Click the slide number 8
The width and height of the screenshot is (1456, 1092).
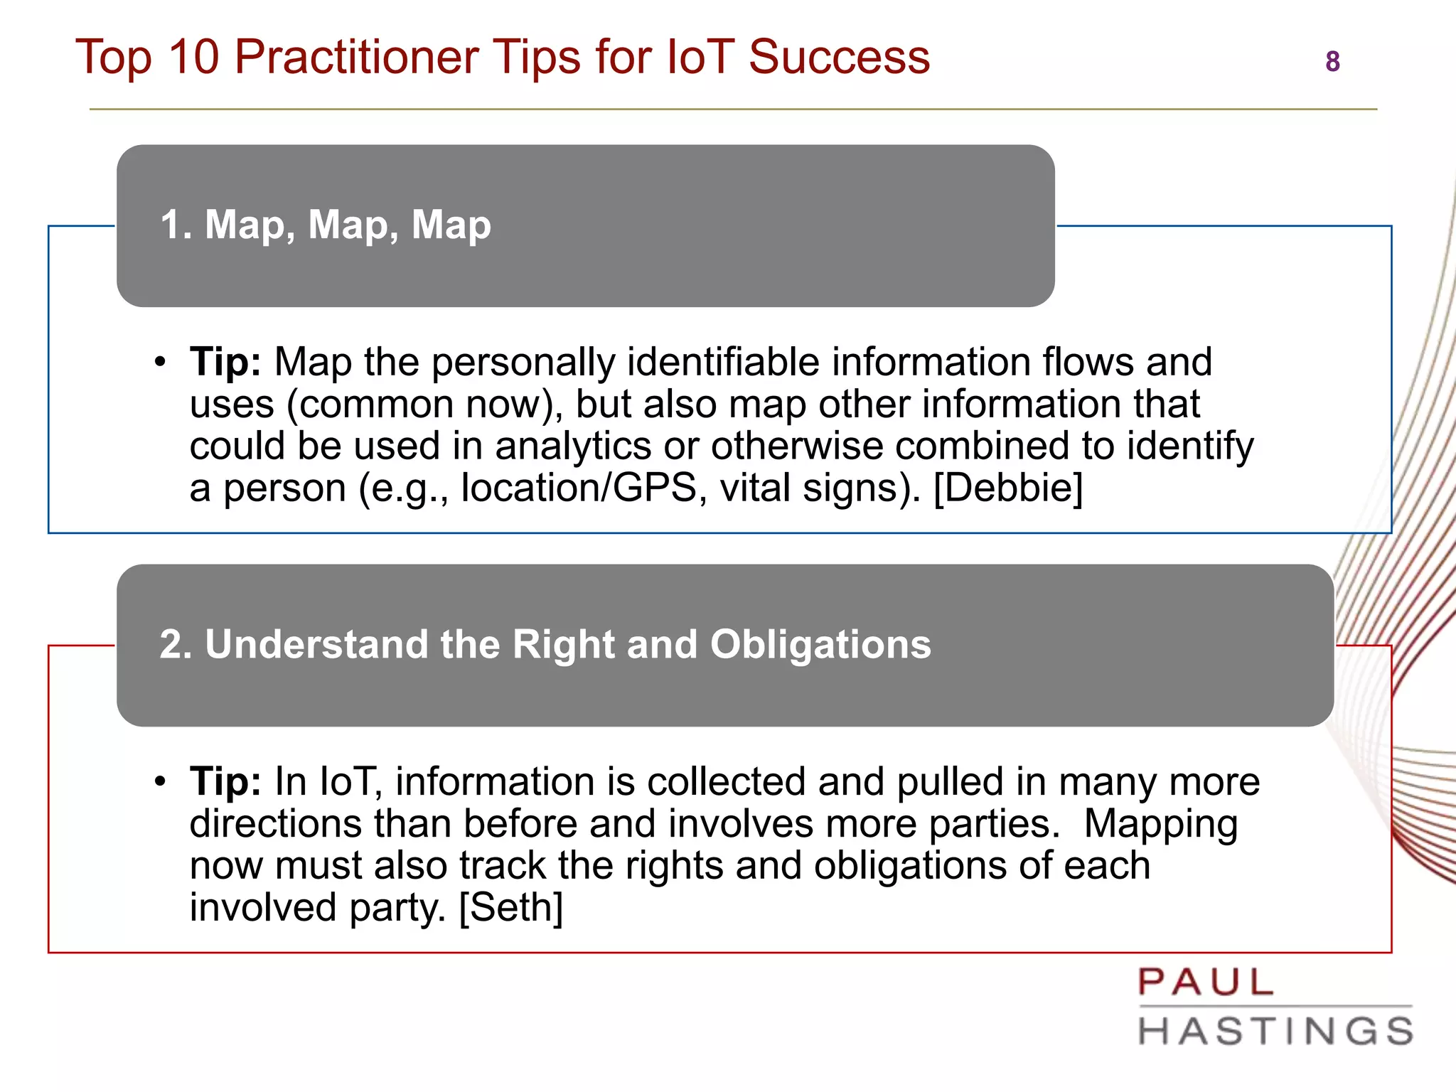pyautogui.click(x=1332, y=62)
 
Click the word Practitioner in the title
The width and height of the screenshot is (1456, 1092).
pyautogui.click(x=356, y=57)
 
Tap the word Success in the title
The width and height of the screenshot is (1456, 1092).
pyautogui.click(x=839, y=57)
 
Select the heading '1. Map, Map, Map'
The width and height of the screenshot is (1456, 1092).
pyautogui.click(x=326, y=225)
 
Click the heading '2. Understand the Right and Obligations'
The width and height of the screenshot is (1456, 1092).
pyautogui.click(x=545, y=644)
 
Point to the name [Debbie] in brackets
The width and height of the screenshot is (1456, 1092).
pyautogui.click(x=1008, y=488)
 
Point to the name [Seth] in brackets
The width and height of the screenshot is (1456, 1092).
pyautogui.click(x=511, y=908)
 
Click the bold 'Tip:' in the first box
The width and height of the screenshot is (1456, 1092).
pyautogui.click(x=225, y=362)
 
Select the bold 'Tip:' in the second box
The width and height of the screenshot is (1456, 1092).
pyautogui.click(x=225, y=781)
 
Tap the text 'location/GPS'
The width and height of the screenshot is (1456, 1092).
pyautogui.click(x=579, y=488)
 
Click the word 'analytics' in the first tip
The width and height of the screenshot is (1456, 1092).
pyautogui.click(x=573, y=446)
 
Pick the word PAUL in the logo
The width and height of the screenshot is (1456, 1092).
pyautogui.click(x=1206, y=983)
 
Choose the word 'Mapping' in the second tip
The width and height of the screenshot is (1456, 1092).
pyautogui.click(x=1160, y=824)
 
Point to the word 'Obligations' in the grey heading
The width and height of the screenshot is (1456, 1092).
pyautogui.click(x=820, y=644)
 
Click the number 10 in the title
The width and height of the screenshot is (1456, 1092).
pyautogui.click(x=193, y=57)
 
